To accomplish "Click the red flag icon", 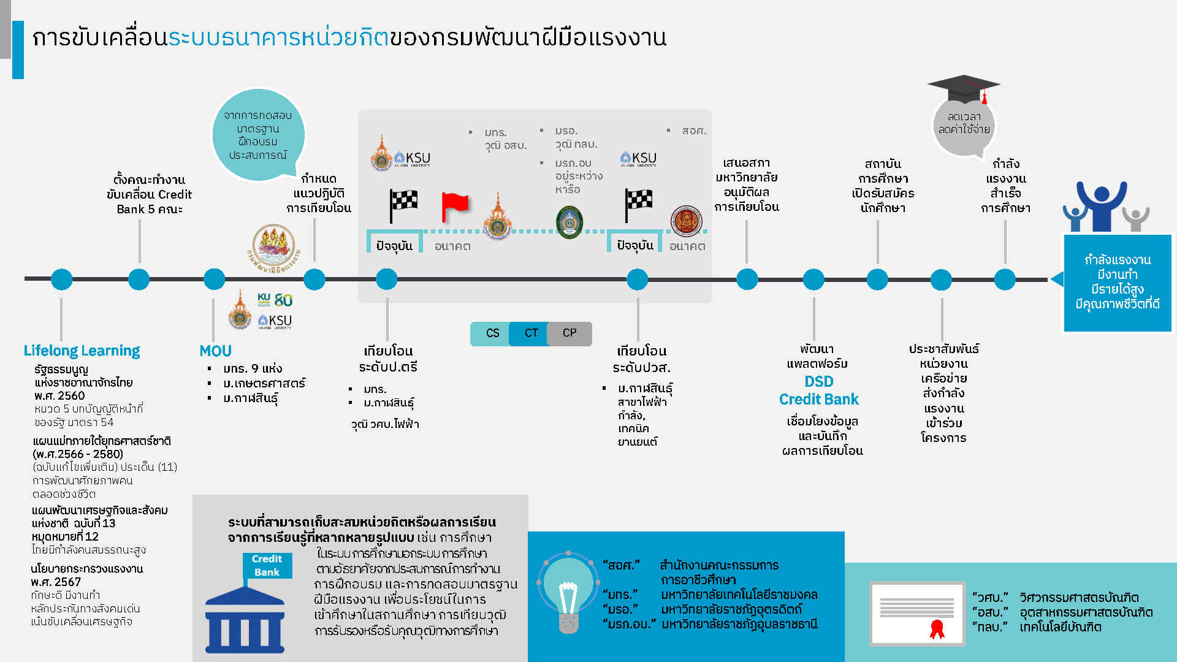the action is coord(455,207).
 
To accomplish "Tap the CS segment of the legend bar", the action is coord(490,333).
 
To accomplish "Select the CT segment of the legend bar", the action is coord(530,333).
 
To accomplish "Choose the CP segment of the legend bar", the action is coord(570,333).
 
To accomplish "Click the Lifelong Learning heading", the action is coord(82,351).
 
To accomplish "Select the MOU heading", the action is coord(215,351).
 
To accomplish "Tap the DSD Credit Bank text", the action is coord(819,390).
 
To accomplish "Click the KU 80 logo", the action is coord(275,300).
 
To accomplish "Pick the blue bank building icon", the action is coord(245,619).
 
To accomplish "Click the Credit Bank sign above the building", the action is coord(267,565).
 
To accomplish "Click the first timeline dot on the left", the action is coord(62,280).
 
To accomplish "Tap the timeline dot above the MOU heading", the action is coord(214,280).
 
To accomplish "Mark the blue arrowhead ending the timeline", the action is coord(1057,280).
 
